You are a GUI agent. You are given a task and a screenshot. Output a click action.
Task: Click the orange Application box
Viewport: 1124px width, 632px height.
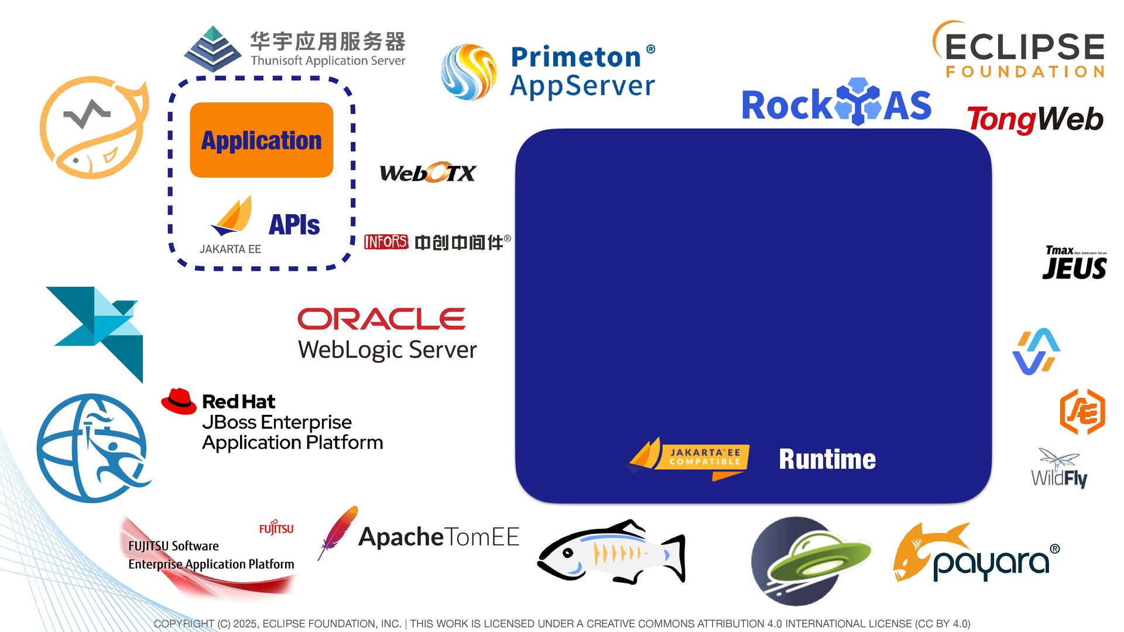coord(261,140)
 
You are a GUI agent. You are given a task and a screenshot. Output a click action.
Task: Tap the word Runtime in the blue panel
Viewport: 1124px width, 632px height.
coord(827,459)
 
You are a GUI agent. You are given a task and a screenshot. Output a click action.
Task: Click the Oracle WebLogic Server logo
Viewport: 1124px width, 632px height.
coord(386,334)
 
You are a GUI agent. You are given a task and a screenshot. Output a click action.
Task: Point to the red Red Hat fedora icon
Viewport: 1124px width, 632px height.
coord(179,401)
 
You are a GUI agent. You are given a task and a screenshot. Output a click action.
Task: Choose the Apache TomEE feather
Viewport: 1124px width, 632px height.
coord(337,533)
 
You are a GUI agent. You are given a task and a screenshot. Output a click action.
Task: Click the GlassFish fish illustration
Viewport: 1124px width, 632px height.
coord(611,552)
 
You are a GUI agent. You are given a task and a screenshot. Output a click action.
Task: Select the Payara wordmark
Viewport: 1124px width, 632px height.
coord(991,562)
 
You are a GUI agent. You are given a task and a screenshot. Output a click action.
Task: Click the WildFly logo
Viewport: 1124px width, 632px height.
coord(1059,468)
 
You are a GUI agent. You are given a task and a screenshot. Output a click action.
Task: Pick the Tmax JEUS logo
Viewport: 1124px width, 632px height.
coord(1074,263)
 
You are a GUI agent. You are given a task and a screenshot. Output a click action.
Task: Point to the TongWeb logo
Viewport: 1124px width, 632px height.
coord(1034,119)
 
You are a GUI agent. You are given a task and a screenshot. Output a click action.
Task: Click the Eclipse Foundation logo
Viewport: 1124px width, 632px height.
coord(1019,50)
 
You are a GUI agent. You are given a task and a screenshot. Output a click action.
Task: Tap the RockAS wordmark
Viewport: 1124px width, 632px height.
coord(836,104)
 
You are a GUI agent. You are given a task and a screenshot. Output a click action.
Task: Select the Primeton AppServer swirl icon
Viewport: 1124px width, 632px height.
coord(468,72)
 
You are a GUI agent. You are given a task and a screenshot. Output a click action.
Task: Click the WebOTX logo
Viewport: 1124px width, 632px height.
coord(427,173)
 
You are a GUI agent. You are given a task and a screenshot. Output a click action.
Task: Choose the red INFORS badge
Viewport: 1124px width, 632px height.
coord(386,242)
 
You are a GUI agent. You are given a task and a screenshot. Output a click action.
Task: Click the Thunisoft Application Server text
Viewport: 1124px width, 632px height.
coord(328,61)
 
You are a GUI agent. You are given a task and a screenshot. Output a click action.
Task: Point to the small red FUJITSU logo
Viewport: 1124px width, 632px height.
coord(276,528)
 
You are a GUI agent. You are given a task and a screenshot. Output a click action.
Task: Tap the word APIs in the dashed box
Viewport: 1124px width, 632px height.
coord(294,225)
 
